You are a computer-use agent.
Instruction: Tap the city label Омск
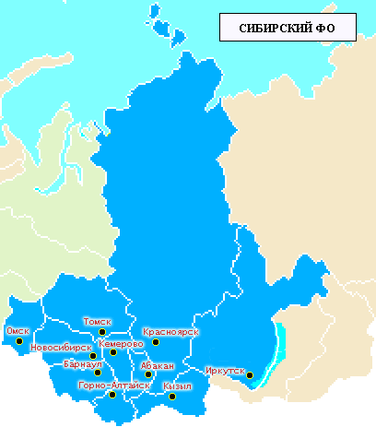18,330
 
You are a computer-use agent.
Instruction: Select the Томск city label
97,322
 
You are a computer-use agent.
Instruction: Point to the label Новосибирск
60,348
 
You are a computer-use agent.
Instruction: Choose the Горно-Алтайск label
114,385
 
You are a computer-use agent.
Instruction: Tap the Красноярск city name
170,331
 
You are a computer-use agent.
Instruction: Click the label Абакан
158,365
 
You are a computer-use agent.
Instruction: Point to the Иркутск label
225,371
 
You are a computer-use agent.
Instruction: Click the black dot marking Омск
19,341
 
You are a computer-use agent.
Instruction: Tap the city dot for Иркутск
250,374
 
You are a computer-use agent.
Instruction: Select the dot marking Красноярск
156,342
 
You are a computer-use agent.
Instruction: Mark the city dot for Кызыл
171,397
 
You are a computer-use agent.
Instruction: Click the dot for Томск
103,332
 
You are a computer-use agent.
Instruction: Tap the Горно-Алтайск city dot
112,395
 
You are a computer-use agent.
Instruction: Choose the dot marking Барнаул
98,373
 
